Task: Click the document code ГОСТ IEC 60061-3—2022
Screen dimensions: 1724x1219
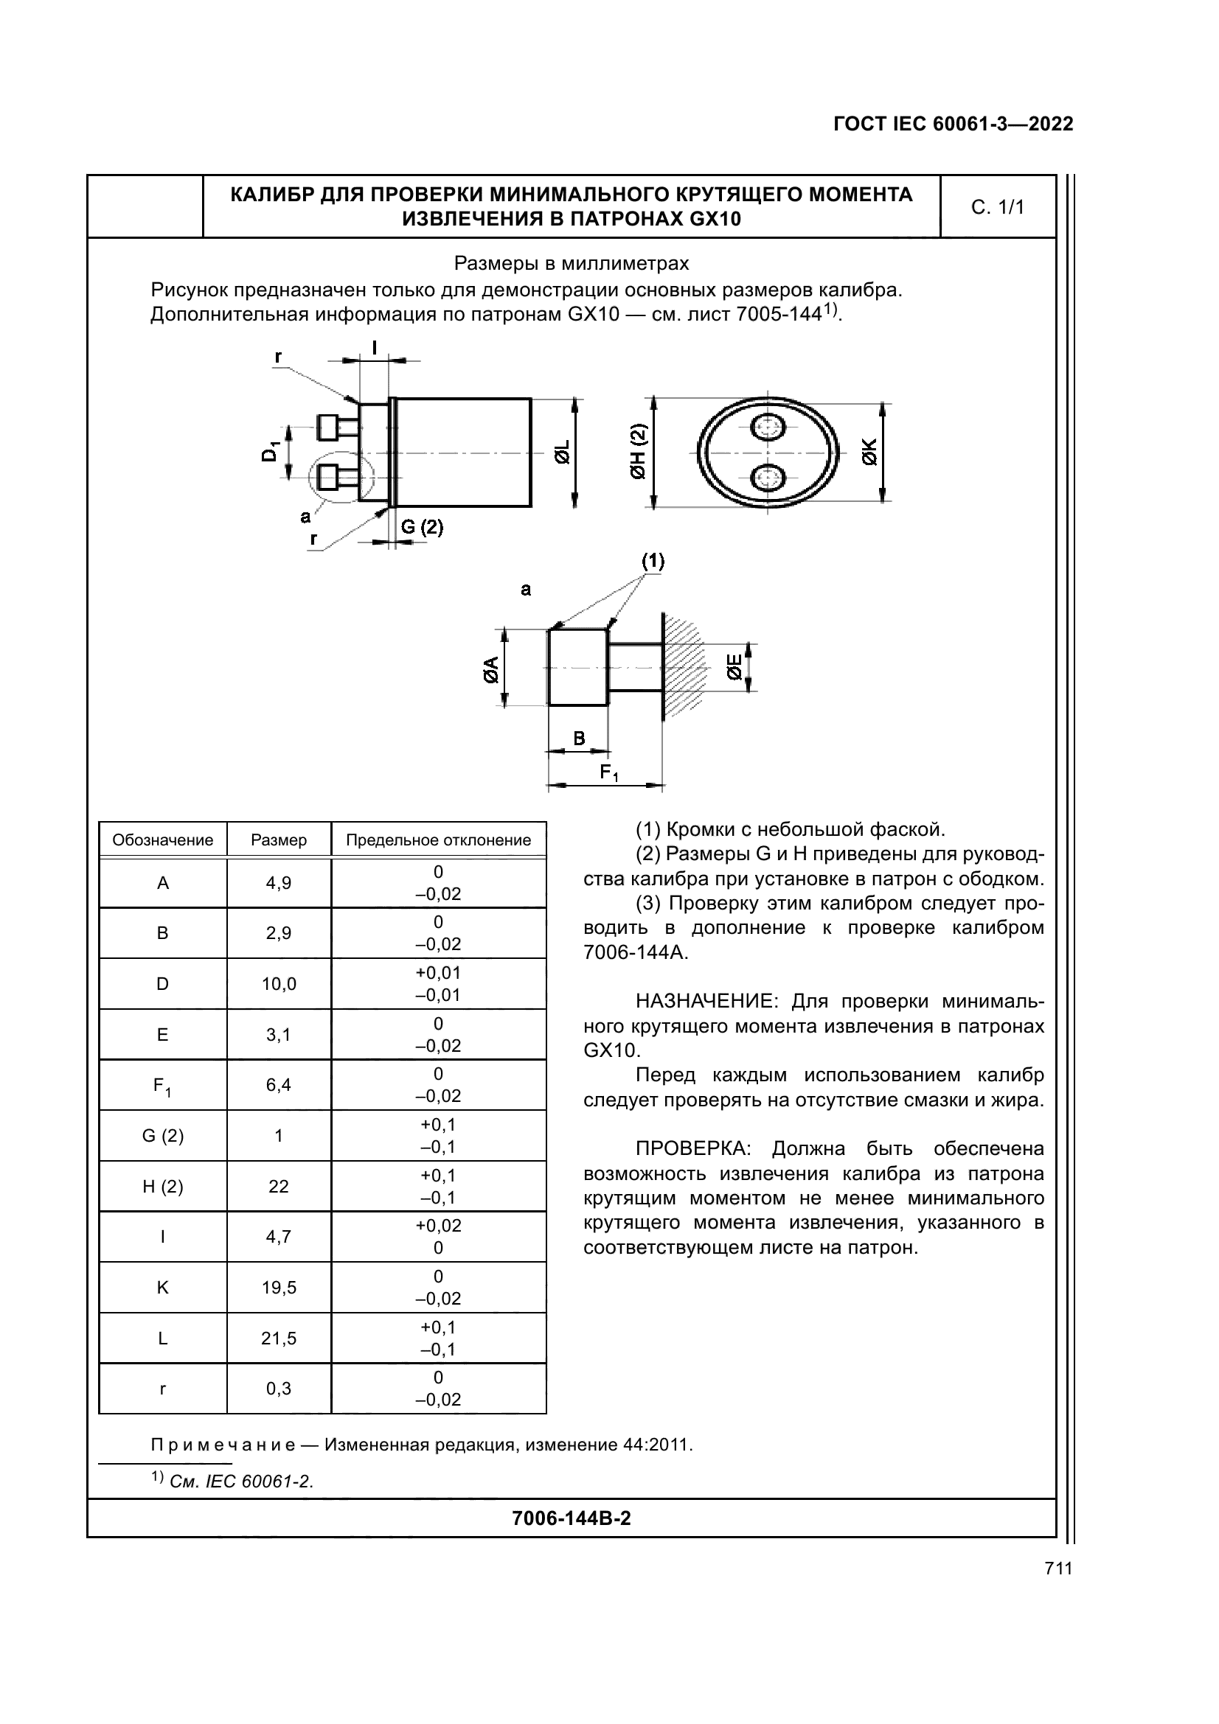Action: tap(952, 124)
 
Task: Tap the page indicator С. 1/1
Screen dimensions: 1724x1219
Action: tap(998, 207)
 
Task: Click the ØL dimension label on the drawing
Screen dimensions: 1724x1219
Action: tap(562, 453)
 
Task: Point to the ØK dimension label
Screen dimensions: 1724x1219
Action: tap(869, 453)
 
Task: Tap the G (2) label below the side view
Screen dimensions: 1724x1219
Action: tap(421, 527)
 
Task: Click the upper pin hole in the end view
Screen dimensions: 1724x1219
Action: tap(768, 429)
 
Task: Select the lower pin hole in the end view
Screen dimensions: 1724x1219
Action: tap(768, 478)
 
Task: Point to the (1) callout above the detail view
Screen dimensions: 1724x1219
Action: tap(652, 561)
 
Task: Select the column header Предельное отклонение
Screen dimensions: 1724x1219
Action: tap(438, 840)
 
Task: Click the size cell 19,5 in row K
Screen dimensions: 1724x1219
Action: tap(279, 1288)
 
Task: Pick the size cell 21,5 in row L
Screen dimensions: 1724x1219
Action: tap(279, 1338)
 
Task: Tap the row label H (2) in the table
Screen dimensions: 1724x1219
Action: tap(162, 1187)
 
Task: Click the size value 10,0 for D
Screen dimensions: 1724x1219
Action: tap(279, 984)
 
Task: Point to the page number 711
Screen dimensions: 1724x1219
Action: tap(1057, 1568)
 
